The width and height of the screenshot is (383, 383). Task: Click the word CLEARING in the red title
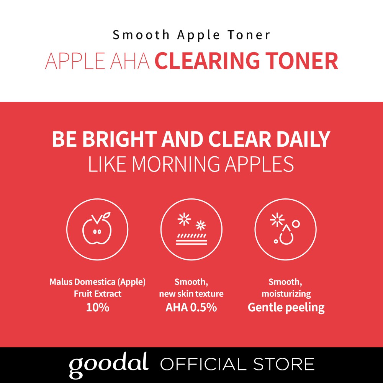pyautogui.click(x=207, y=61)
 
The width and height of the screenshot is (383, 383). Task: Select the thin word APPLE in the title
pyautogui.click(x=75, y=61)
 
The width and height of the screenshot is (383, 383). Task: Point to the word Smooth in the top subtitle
pyautogui.click(x=141, y=35)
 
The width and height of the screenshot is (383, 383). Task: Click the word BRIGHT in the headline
pyautogui.click(x=119, y=139)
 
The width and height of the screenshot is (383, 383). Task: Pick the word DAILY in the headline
pyautogui.click(x=303, y=139)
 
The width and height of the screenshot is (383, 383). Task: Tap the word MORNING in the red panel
pyautogui.click(x=176, y=164)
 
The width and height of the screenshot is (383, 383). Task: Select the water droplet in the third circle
pyautogui.click(x=286, y=235)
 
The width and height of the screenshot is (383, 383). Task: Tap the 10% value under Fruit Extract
pyautogui.click(x=97, y=307)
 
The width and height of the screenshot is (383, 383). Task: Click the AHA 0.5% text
pyautogui.click(x=191, y=307)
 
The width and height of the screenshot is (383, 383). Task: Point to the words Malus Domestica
pyautogui.click(x=83, y=282)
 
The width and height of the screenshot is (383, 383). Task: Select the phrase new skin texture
pyautogui.click(x=191, y=294)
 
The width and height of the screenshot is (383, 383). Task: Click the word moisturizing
pyautogui.click(x=286, y=294)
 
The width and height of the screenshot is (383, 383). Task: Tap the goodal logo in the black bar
pyautogui.click(x=109, y=364)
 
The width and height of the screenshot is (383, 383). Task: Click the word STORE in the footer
pyautogui.click(x=283, y=364)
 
